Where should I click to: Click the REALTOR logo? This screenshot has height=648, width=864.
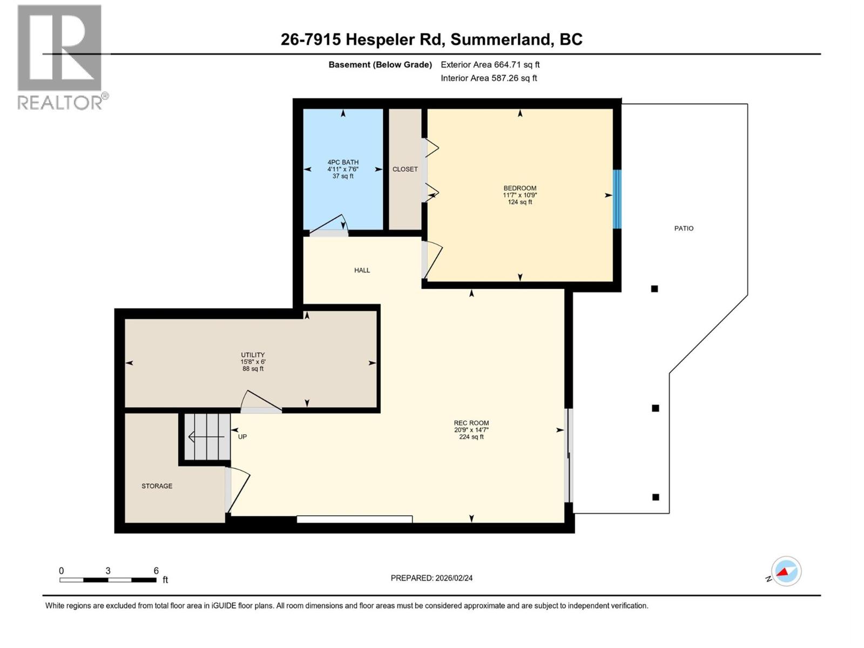60,57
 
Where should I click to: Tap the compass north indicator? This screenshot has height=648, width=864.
786,571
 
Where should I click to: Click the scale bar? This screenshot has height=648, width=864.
108,579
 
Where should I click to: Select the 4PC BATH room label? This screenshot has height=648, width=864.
343,162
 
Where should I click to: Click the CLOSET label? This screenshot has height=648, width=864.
405,169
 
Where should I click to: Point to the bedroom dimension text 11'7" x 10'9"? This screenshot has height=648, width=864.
519,195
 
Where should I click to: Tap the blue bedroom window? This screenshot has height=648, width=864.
617,199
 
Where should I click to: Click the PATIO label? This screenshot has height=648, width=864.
684,228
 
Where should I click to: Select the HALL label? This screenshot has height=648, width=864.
362,270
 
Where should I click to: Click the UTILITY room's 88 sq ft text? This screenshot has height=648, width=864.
253,369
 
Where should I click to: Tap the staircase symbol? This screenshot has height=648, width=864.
207,436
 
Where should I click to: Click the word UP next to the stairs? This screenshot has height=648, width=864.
242,436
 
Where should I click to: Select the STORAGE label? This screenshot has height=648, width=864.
157,486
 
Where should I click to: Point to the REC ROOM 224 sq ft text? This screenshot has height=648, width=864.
471,437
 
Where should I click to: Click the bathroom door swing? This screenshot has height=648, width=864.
329,226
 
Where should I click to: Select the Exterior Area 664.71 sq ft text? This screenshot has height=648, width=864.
490,65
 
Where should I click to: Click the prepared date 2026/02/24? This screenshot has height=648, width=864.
453,578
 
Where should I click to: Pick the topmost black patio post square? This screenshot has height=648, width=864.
654,289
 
